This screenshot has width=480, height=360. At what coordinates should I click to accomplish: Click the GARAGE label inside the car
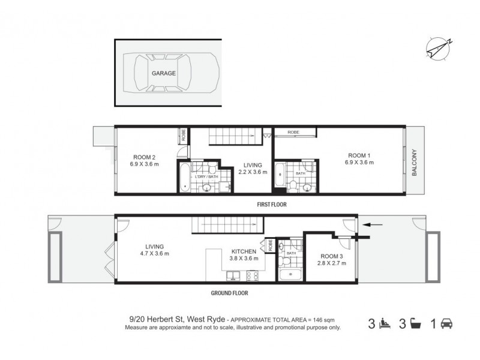[x=163, y=73]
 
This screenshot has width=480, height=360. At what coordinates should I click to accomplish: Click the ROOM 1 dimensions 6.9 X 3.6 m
[x=361, y=162]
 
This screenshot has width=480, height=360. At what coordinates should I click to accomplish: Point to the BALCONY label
[x=415, y=162]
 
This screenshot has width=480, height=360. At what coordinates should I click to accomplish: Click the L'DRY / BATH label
[x=205, y=177]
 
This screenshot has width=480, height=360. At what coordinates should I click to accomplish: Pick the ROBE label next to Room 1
[x=293, y=132]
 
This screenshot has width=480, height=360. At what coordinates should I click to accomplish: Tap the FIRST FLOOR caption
[x=272, y=205]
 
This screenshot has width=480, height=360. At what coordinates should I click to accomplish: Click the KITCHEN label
[x=244, y=251]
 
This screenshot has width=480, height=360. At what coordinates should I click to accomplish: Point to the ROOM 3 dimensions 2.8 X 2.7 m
[x=331, y=262]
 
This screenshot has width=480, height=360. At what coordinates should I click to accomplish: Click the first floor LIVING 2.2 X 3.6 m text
[x=253, y=172]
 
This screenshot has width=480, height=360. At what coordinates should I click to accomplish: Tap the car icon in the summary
[x=446, y=325]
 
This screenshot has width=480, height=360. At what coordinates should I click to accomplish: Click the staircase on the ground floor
[x=228, y=226]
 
